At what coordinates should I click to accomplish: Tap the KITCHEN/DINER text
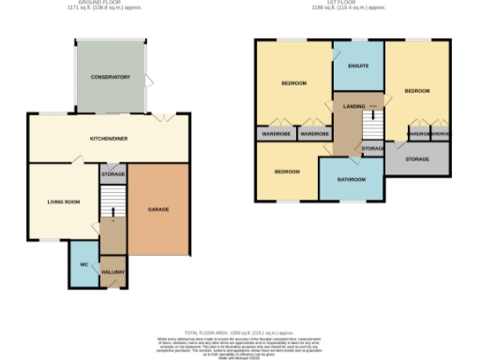pos(108,137)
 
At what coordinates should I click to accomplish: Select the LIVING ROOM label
pos(65,201)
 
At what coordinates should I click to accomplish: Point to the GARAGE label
pos(157,208)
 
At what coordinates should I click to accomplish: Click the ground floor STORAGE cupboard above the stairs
pos(113,173)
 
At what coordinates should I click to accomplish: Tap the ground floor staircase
pos(112,202)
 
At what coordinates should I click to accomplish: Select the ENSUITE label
pos(357,66)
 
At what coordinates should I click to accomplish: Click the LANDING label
pos(354,106)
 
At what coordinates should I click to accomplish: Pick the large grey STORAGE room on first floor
pos(415,159)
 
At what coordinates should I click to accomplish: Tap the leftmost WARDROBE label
pos(277,134)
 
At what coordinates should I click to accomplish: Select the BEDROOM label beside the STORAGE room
pos(416,90)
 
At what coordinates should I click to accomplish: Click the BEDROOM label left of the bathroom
pos(287,172)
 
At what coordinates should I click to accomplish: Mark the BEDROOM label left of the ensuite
pos(294,83)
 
